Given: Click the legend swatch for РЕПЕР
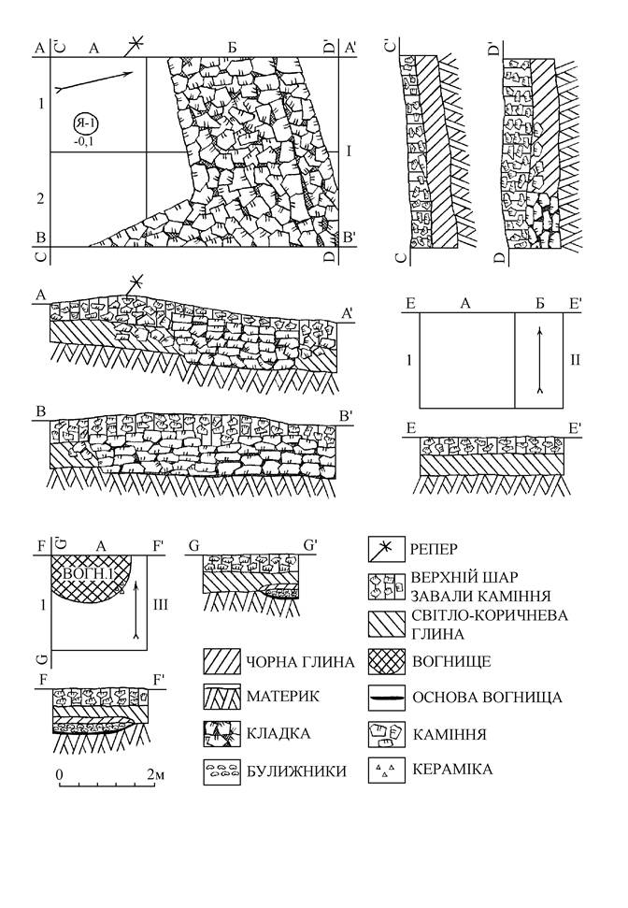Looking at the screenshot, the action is pyautogui.click(x=387, y=548).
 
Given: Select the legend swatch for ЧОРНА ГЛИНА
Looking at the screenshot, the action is pyautogui.click(x=221, y=662).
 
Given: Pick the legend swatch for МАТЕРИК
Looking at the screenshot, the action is pyautogui.click(x=221, y=697).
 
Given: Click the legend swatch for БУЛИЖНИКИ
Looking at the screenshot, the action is pyautogui.click(x=221, y=771).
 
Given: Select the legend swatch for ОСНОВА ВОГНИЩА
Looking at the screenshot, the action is pyautogui.click(x=387, y=698).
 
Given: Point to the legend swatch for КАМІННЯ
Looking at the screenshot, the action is pyautogui.click(x=387, y=734).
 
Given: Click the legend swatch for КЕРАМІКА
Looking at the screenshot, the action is pyautogui.click(x=387, y=771).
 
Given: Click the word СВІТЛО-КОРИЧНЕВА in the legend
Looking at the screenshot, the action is pyautogui.click(x=490, y=614).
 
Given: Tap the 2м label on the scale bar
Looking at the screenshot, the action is pyautogui.click(x=152, y=773).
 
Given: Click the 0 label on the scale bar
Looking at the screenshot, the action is pyautogui.click(x=59, y=773).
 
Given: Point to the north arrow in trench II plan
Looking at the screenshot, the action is pyautogui.click(x=539, y=360).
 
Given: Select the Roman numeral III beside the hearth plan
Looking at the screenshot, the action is pyautogui.click(x=160, y=605).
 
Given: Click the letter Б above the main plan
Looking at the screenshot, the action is pyautogui.click(x=232, y=48).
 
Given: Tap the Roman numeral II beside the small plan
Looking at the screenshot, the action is pyautogui.click(x=575, y=360).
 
